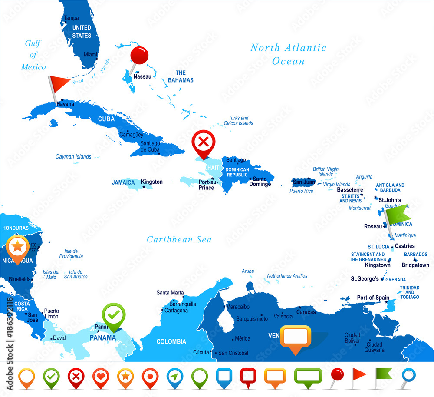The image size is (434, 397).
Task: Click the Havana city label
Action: (65, 104)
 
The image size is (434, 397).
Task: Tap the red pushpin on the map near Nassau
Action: (139, 56)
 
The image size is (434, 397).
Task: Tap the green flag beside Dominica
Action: (398, 214)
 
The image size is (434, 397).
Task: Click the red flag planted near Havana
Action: (59, 81)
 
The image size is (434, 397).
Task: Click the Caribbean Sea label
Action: (179, 239)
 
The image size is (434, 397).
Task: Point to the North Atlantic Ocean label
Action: (288, 54)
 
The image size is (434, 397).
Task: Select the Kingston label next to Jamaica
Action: (152, 182)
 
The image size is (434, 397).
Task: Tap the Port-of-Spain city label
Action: (373, 298)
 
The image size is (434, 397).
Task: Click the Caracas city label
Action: (306, 312)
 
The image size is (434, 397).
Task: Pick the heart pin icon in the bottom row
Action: (100, 376)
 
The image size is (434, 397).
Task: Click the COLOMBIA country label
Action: (171, 341)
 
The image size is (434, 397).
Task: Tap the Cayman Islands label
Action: (73, 157)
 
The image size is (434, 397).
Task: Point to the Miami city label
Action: (91, 55)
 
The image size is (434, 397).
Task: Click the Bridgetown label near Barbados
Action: (415, 265)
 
